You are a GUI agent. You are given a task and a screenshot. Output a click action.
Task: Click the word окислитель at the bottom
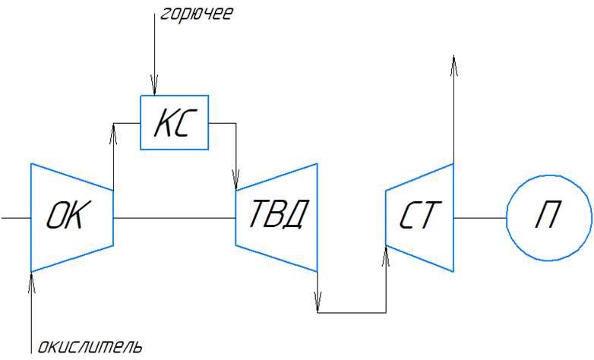pos(90,348)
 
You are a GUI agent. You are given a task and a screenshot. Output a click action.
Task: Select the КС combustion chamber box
pos(175,122)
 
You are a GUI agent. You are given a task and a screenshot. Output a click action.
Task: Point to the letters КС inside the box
pos(175,123)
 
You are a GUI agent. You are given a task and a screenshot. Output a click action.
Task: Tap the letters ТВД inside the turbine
pos(277,217)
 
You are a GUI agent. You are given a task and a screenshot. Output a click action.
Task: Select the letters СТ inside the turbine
pos(419,217)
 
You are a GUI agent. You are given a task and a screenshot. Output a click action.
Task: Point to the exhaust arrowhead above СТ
pos(453,64)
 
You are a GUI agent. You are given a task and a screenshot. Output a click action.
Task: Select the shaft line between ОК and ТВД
pos(174,218)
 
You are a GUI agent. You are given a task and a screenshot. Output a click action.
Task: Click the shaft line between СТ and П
pos(479,218)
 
